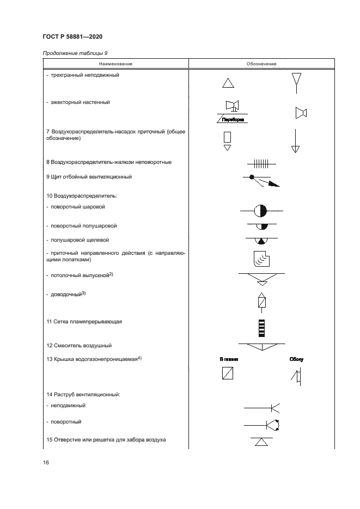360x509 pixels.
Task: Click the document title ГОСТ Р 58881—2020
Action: coord(72,36)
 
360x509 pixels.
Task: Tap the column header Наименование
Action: coord(115,64)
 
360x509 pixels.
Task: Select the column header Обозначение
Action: coord(261,64)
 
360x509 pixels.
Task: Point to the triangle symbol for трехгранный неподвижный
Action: coord(228,83)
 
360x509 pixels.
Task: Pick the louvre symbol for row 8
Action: coord(261,162)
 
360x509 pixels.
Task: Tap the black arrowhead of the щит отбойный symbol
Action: coord(273,184)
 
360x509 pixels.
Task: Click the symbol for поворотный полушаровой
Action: coord(261,225)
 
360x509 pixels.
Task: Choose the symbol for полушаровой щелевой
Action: coord(261,240)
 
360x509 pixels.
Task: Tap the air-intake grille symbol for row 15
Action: coord(261,441)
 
